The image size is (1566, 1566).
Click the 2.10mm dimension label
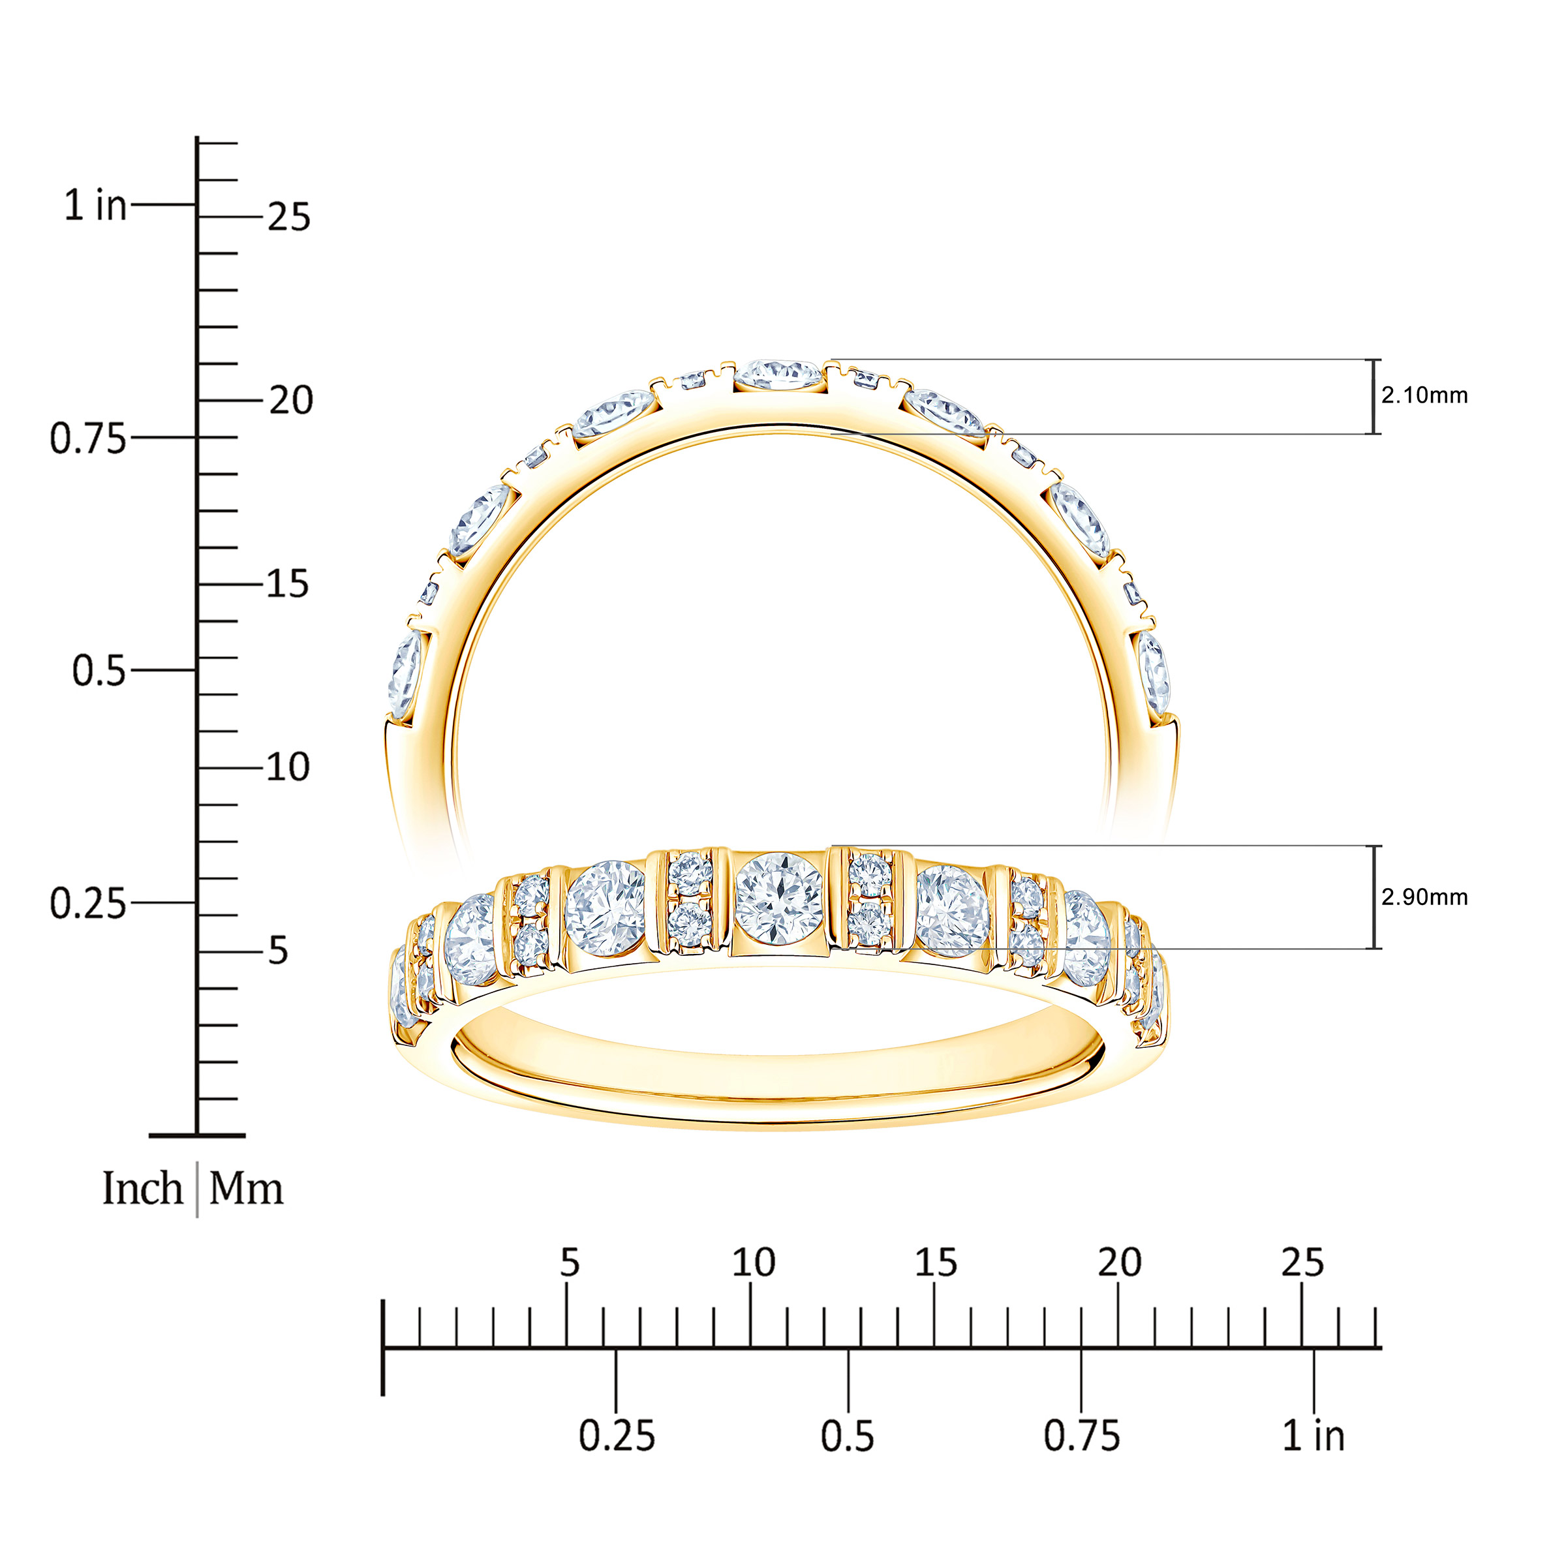[x=1424, y=395]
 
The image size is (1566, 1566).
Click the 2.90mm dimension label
[x=1424, y=897]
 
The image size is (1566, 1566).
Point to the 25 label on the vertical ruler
[x=288, y=217]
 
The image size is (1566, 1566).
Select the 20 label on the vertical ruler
[x=290, y=401]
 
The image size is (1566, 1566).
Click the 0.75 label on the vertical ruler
[x=88, y=438]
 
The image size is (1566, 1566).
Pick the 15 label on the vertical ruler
[x=288, y=583]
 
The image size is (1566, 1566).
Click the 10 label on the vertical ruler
[x=288, y=767]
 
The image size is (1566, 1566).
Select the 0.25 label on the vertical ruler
[x=88, y=904]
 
